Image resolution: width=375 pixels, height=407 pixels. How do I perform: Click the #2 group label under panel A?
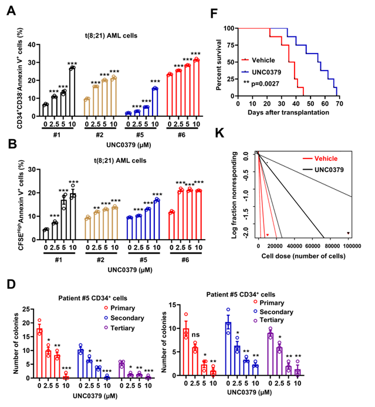107,133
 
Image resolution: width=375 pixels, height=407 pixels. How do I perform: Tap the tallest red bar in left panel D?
40,337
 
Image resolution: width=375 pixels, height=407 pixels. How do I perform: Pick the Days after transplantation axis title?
288,112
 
